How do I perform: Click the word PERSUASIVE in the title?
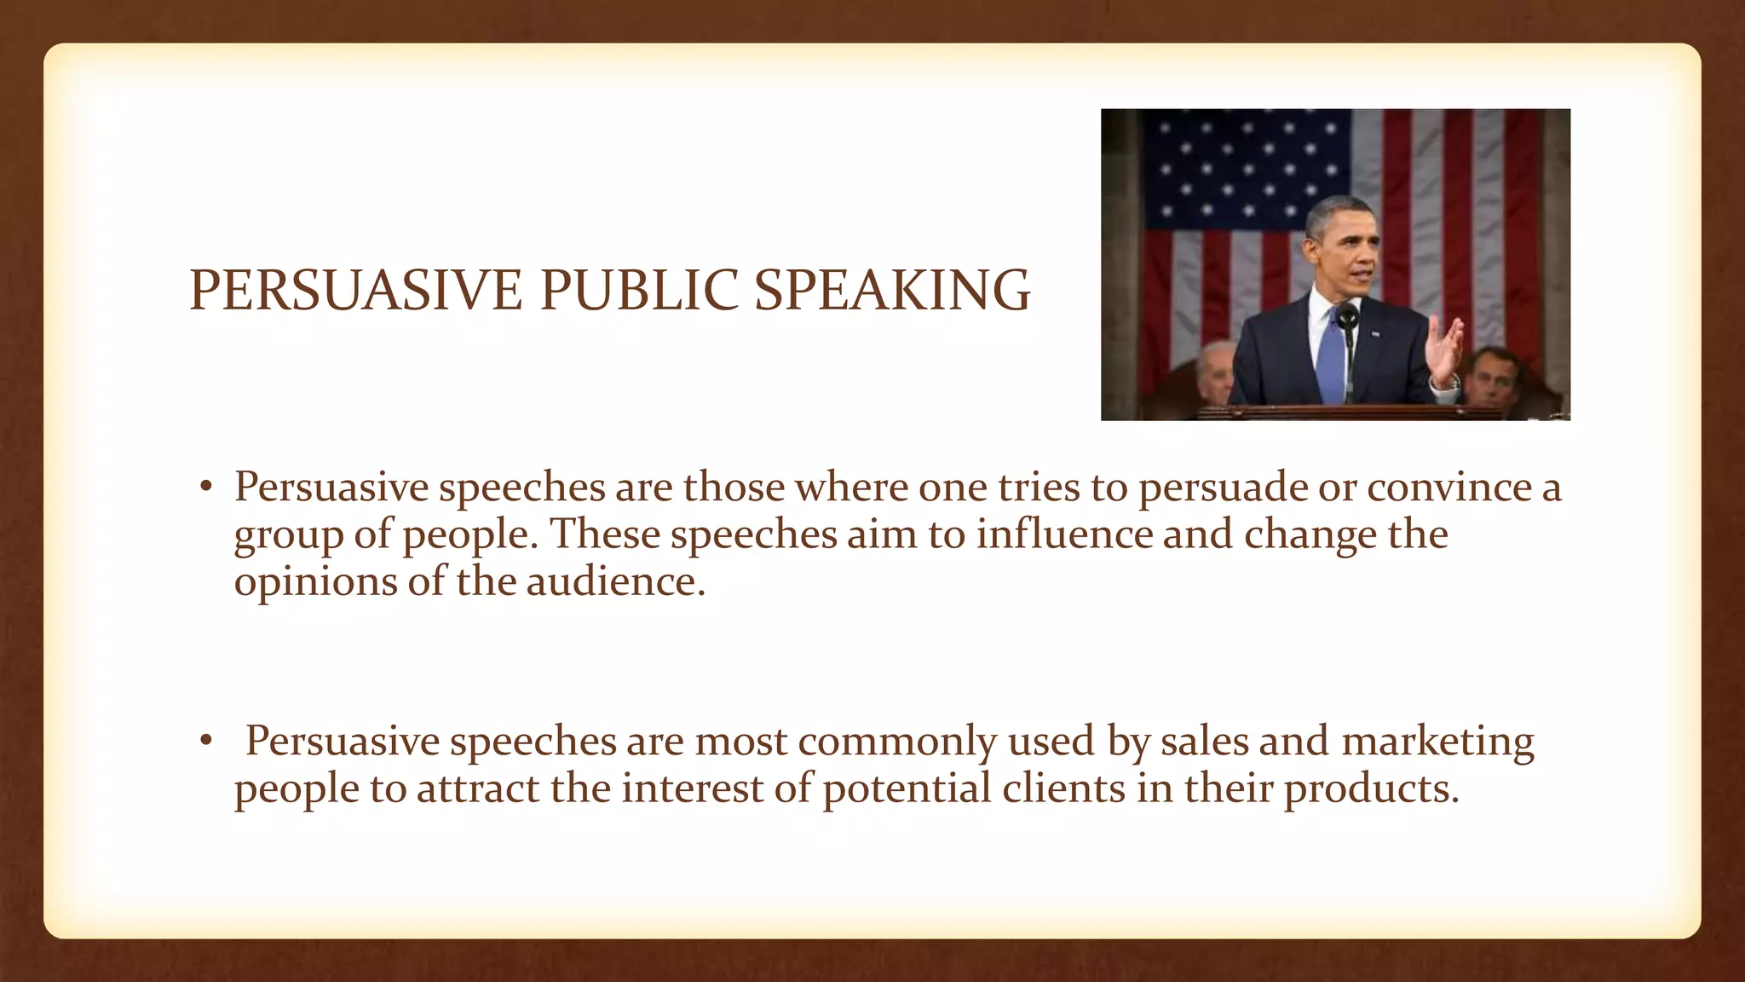[354, 291]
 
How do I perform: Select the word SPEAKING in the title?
[892, 291]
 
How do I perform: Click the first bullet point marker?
[205, 488]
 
